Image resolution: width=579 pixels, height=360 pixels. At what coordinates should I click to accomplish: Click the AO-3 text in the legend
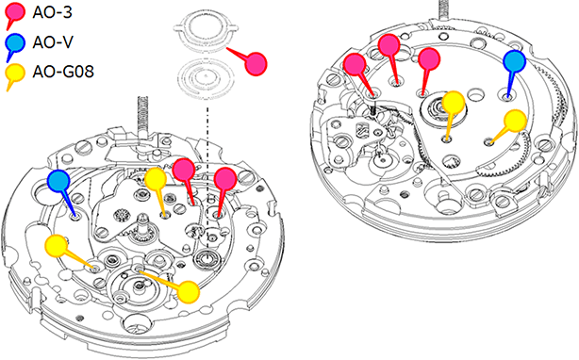pos(52,12)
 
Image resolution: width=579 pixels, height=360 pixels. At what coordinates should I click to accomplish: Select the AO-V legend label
pos(53,42)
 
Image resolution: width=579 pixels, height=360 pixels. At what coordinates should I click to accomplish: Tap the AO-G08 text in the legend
pos(63,72)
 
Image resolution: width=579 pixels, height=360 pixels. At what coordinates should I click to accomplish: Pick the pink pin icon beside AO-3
pos(14,15)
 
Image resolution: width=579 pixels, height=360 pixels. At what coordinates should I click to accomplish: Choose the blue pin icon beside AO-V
pos(14,47)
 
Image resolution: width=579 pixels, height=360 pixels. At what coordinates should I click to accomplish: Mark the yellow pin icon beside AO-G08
pos(14,76)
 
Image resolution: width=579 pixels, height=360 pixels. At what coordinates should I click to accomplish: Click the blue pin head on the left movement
pos(58,181)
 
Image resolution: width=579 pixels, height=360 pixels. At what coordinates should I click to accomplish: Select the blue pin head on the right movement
pos(514,61)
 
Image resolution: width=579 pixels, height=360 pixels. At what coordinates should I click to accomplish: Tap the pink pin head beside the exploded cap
pos(256,64)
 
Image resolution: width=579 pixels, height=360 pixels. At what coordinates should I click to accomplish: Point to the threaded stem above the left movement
pos(142,117)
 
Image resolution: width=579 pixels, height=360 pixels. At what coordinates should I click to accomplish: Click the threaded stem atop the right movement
pos(442,10)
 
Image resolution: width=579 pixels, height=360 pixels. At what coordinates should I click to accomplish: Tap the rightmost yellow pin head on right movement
pos(515,121)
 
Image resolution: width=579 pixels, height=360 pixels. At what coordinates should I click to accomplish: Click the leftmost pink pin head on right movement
pos(355,64)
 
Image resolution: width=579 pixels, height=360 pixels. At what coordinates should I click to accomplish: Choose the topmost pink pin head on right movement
pos(389,45)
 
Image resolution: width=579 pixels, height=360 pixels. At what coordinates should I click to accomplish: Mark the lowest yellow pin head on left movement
pos(189,292)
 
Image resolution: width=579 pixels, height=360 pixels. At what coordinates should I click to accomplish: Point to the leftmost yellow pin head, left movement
pos(57,246)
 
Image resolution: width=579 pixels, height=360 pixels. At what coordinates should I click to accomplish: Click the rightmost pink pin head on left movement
pos(224,179)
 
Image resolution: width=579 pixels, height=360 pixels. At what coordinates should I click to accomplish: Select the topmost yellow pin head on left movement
pos(156,180)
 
